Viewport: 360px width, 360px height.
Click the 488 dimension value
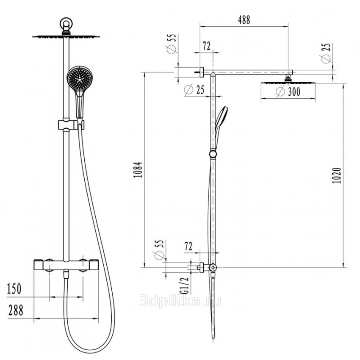pyautogui.click(x=244, y=20)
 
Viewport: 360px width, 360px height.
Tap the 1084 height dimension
pyautogui.click(x=138, y=170)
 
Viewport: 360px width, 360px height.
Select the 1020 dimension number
pyautogui.click(x=337, y=176)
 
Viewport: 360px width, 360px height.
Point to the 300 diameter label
pyautogui.click(x=288, y=92)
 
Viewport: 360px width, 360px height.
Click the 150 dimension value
pyautogui.click(x=14, y=289)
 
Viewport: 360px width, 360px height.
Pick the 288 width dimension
pyautogui.click(x=16, y=310)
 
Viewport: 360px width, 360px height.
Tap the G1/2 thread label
pyautogui.click(x=184, y=285)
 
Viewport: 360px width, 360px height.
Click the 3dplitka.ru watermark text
pyautogui.click(x=180, y=301)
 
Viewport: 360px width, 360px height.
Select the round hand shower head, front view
pyautogui.click(x=80, y=78)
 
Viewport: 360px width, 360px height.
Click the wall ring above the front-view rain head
pyautogui.click(x=66, y=23)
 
